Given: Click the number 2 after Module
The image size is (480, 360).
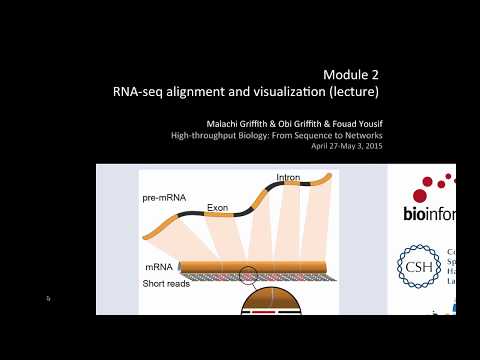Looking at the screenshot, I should [x=376, y=75].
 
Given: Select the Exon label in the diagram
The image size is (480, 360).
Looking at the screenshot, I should [x=219, y=208].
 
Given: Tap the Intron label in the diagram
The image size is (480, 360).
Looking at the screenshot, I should [x=289, y=179].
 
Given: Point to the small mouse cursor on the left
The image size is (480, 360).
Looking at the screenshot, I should [x=47, y=298].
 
